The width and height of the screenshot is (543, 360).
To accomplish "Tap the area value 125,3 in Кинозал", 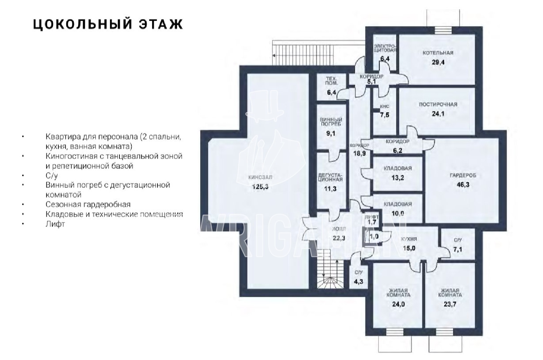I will pos(260,186).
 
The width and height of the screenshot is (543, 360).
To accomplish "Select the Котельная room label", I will pos(438,53).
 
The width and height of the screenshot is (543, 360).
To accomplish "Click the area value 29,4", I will pos(438,62).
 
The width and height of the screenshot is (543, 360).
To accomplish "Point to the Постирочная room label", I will pos(438,104).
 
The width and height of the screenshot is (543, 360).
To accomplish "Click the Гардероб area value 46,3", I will pos(463,185).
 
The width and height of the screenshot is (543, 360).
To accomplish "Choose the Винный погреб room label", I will pos(331,122).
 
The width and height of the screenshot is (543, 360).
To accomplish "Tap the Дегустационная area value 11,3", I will pos(330,189).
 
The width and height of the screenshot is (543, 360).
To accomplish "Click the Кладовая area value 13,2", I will pos(397,178).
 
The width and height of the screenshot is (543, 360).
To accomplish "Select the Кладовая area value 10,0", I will pos(397,214).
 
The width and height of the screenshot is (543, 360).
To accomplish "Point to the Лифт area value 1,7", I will pos(372,223).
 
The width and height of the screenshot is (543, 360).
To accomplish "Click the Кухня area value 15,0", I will pos(409,248).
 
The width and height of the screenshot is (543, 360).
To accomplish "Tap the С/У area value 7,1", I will pos(458,250).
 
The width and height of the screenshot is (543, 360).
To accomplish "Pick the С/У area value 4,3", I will pos(359,282).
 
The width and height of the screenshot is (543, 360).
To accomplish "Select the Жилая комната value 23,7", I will pos(450,304).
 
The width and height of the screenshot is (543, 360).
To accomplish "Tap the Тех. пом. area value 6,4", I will pos(331,92).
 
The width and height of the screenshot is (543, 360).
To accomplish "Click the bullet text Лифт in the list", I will pos(55,224).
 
